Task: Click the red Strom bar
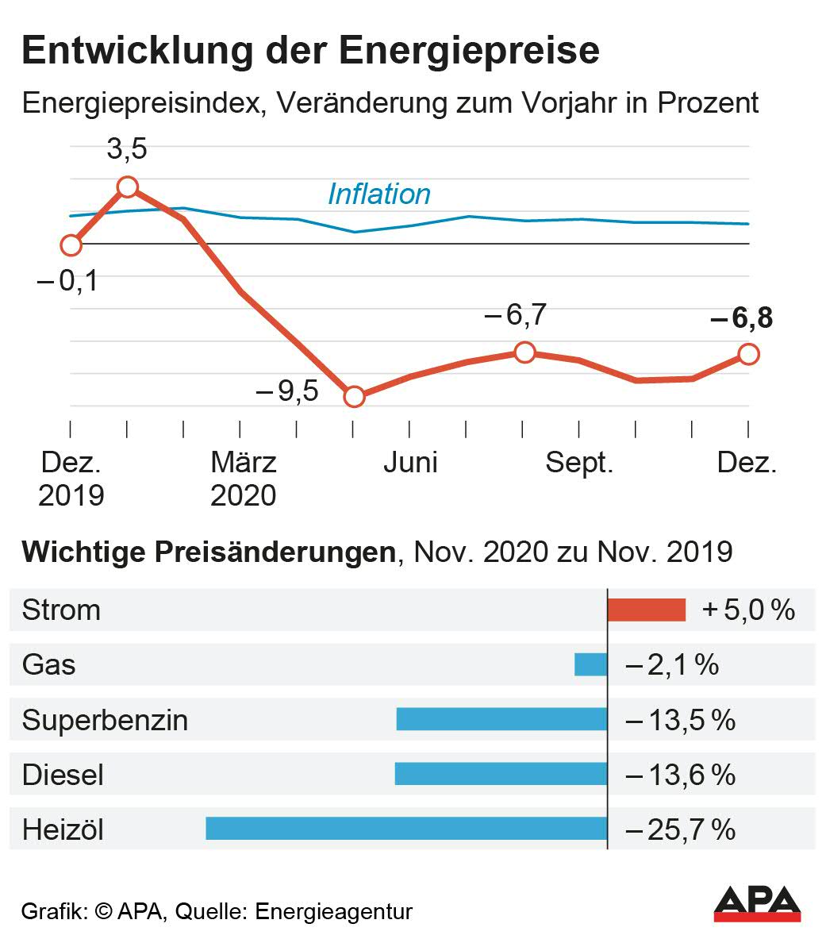pyautogui.click(x=646, y=610)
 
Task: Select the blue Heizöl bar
pyautogui.click(x=405, y=829)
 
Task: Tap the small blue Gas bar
pyautogui.click(x=590, y=664)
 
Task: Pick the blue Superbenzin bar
pyautogui.click(x=501, y=719)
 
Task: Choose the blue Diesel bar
pyautogui.click(x=500, y=774)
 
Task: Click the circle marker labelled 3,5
pyautogui.click(x=128, y=187)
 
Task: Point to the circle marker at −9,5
pyautogui.click(x=354, y=397)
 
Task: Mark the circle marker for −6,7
pyautogui.click(x=524, y=352)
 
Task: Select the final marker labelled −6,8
pyautogui.click(x=748, y=354)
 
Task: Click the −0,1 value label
pyautogui.click(x=67, y=280)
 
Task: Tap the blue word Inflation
pyautogui.click(x=378, y=194)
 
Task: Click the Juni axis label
pyautogui.click(x=410, y=463)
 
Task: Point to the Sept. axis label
pyautogui.click(x=579, y=463)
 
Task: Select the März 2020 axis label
pyautogui.click(x=243, y=479)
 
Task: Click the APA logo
pyautogui.click(x=757, y=904)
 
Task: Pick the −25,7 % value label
pyautogui.click(x=681, y=829)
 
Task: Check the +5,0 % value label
pyautogui.click(x=748, y=610)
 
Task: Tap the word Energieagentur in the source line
pyautogui.click(x=333, y=911)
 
